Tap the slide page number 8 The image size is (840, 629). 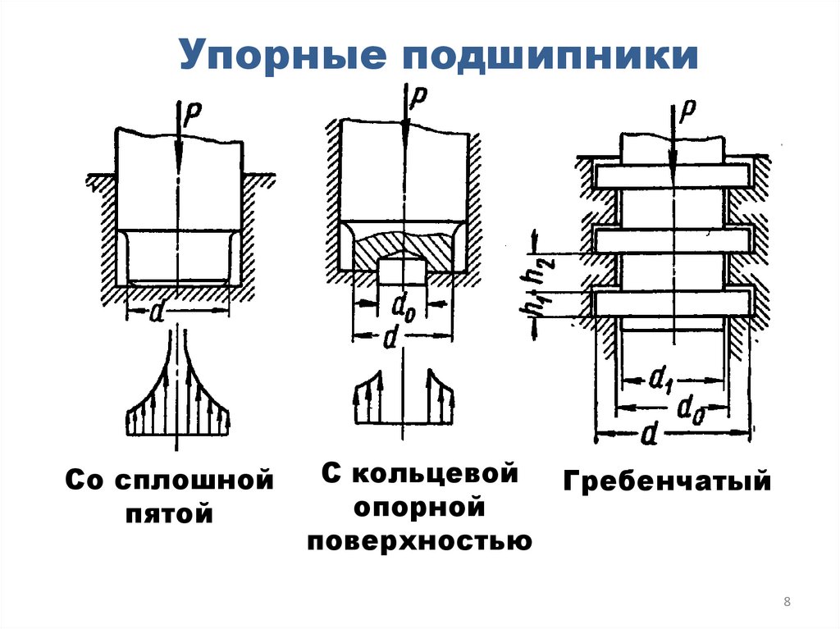click(x=787, y=603)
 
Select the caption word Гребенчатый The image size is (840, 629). click(x=667, y=481)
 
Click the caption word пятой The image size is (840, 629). click(x=170, y=514)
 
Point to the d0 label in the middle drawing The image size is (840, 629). click(x=402, y=309)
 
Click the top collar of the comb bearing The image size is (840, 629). click(x=673, y=176)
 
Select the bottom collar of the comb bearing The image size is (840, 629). click(x=673, y=303)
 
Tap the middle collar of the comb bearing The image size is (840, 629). click(x=673, y=239)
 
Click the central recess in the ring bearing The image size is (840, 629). click(x=402, y=271)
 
